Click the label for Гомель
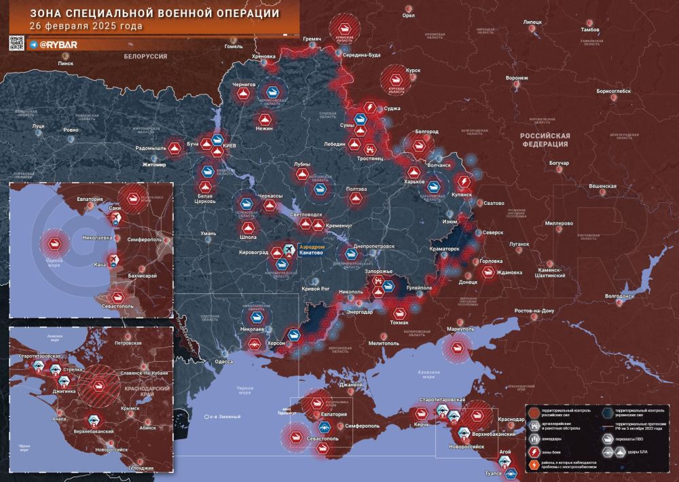pyautogui.click(x=234, y=47)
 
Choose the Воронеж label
pyautogui.click(x=517, y=78)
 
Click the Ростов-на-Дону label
pyautogui.click(x=535, y=311)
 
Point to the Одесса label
pyautogui.click(x=223, y=362)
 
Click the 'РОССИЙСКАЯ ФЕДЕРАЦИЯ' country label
pyautogui.click(x=545, y=140)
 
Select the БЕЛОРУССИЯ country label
pyautogui.click(x=145, y=57)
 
